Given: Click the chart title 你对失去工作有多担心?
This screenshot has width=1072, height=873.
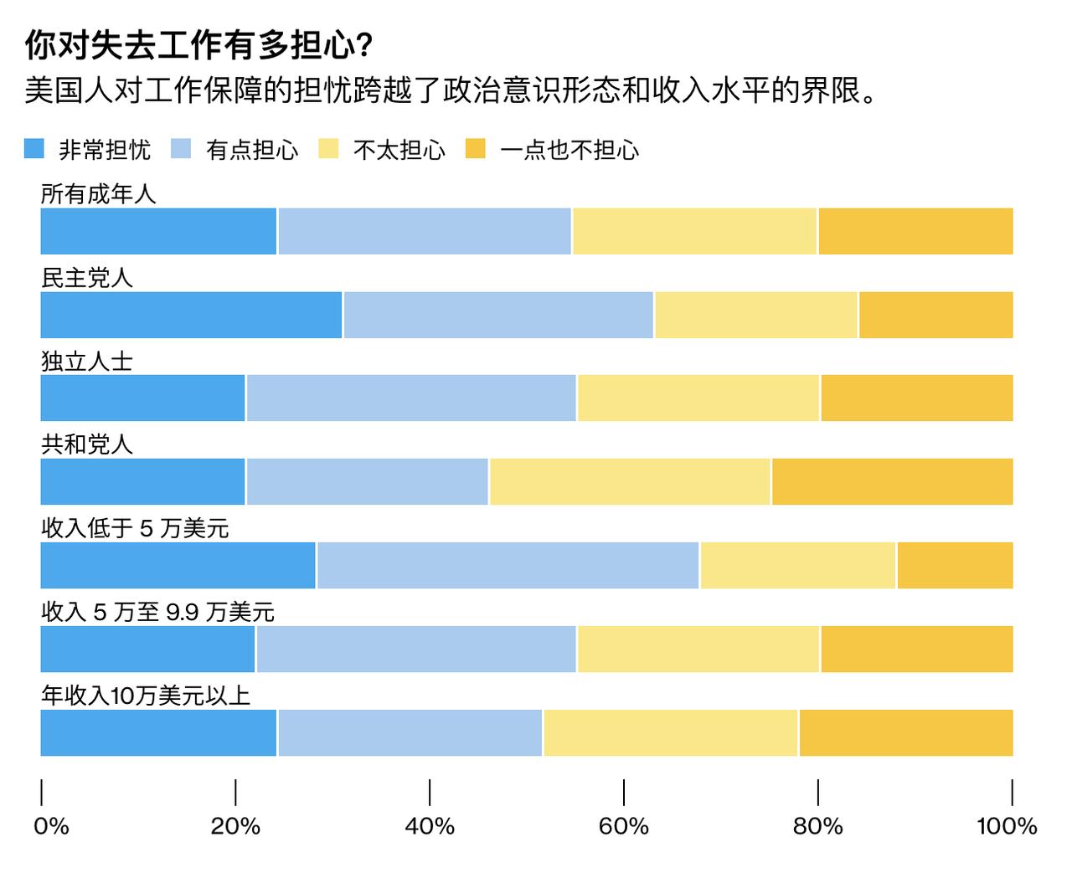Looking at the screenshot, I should pyautogui.click(x=199, y=46).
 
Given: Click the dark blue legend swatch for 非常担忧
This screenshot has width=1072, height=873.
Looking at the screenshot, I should pyautogui.click(x=34, y=149).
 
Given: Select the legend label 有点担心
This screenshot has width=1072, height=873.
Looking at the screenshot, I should pyautogui.click(x=252, y=150).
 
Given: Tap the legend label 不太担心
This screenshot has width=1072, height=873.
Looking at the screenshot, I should pyautogui.click(x=399, y=150).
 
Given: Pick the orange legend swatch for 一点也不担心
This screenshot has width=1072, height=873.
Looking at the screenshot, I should pyautogui.click(x=475, y=149).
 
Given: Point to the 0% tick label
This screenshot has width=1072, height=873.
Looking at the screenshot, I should pyautogui.click(x=51, y=826).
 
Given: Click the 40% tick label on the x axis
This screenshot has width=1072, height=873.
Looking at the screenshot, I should pyautogui.click(x=430, y=826).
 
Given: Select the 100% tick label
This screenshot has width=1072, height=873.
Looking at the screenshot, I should pyautogui.click(x=1006, y=826).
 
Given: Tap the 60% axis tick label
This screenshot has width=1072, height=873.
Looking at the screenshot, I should pyautogui.click(x=624, y=826).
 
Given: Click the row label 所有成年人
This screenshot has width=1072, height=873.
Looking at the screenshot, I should pyautogui.click(x=99, y=194).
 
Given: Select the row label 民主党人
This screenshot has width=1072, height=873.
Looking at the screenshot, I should pyautogui.click(x=87, y=278).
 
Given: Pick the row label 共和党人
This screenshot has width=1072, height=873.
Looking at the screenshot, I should pyautogui.click(x=87, y=444).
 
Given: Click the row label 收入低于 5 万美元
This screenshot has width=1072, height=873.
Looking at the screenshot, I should pyautogui.click(x=135, y=528).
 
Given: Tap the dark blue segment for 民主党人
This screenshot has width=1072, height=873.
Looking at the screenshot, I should pyautogui.click(x=191, y=315).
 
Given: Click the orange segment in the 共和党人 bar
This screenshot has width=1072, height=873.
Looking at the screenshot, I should pyautogui.click(x=892, y=482).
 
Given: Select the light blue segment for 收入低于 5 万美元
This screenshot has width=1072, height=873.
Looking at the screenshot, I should pyautogui.click(x=508, y=566).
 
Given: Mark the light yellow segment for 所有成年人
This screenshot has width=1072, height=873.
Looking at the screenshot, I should pyautogui.click(x=694, y=231).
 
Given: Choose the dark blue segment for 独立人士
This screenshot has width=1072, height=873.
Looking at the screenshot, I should pyautogui.click(x=142, y=398).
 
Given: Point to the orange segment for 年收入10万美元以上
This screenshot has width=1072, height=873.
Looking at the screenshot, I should pyautogui.click(x=906, y=733).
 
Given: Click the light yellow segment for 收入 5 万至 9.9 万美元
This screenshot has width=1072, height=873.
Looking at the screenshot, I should pyautogui.click(x=698, y=650).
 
